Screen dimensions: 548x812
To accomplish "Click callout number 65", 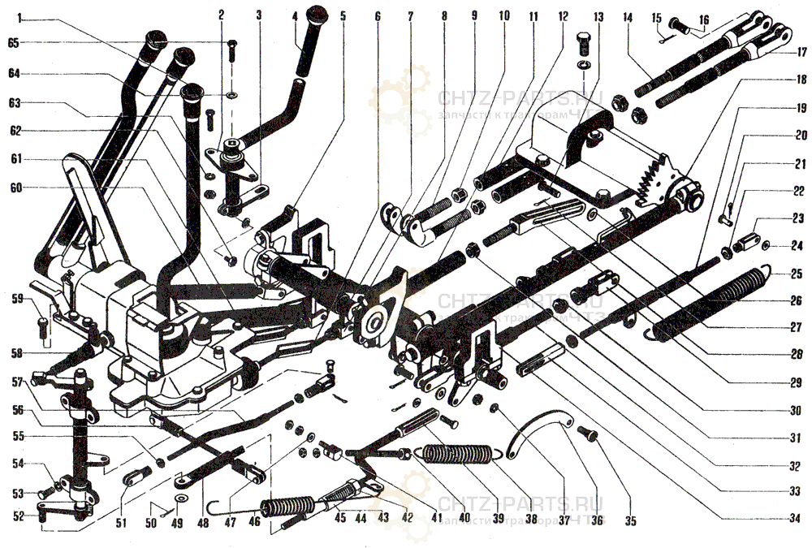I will pos(13,42).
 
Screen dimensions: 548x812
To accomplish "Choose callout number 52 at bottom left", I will pos(18,515).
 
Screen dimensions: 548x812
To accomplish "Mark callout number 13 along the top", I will pos(599,16).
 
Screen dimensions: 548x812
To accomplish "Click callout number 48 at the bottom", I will pos(201,524).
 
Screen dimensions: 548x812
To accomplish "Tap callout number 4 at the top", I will pos(296,16).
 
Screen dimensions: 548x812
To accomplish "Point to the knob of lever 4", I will pos(315,16).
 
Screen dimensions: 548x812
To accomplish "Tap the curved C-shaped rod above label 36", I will pos(540,429).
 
